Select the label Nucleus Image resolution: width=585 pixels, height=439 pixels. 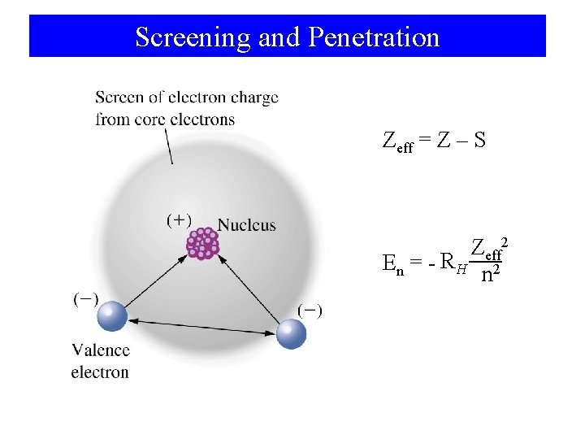point(247,225)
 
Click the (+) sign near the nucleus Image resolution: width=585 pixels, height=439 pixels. point(179,219)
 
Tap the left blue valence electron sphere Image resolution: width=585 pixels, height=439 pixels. point(112,315)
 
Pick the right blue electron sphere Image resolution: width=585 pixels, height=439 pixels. point(291,333)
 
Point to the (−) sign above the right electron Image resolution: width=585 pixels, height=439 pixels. point(310,310)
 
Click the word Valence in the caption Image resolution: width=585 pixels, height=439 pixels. point(100,350)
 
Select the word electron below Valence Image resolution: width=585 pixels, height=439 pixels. point(100,372)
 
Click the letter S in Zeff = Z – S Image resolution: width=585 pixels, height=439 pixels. point(479,141)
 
